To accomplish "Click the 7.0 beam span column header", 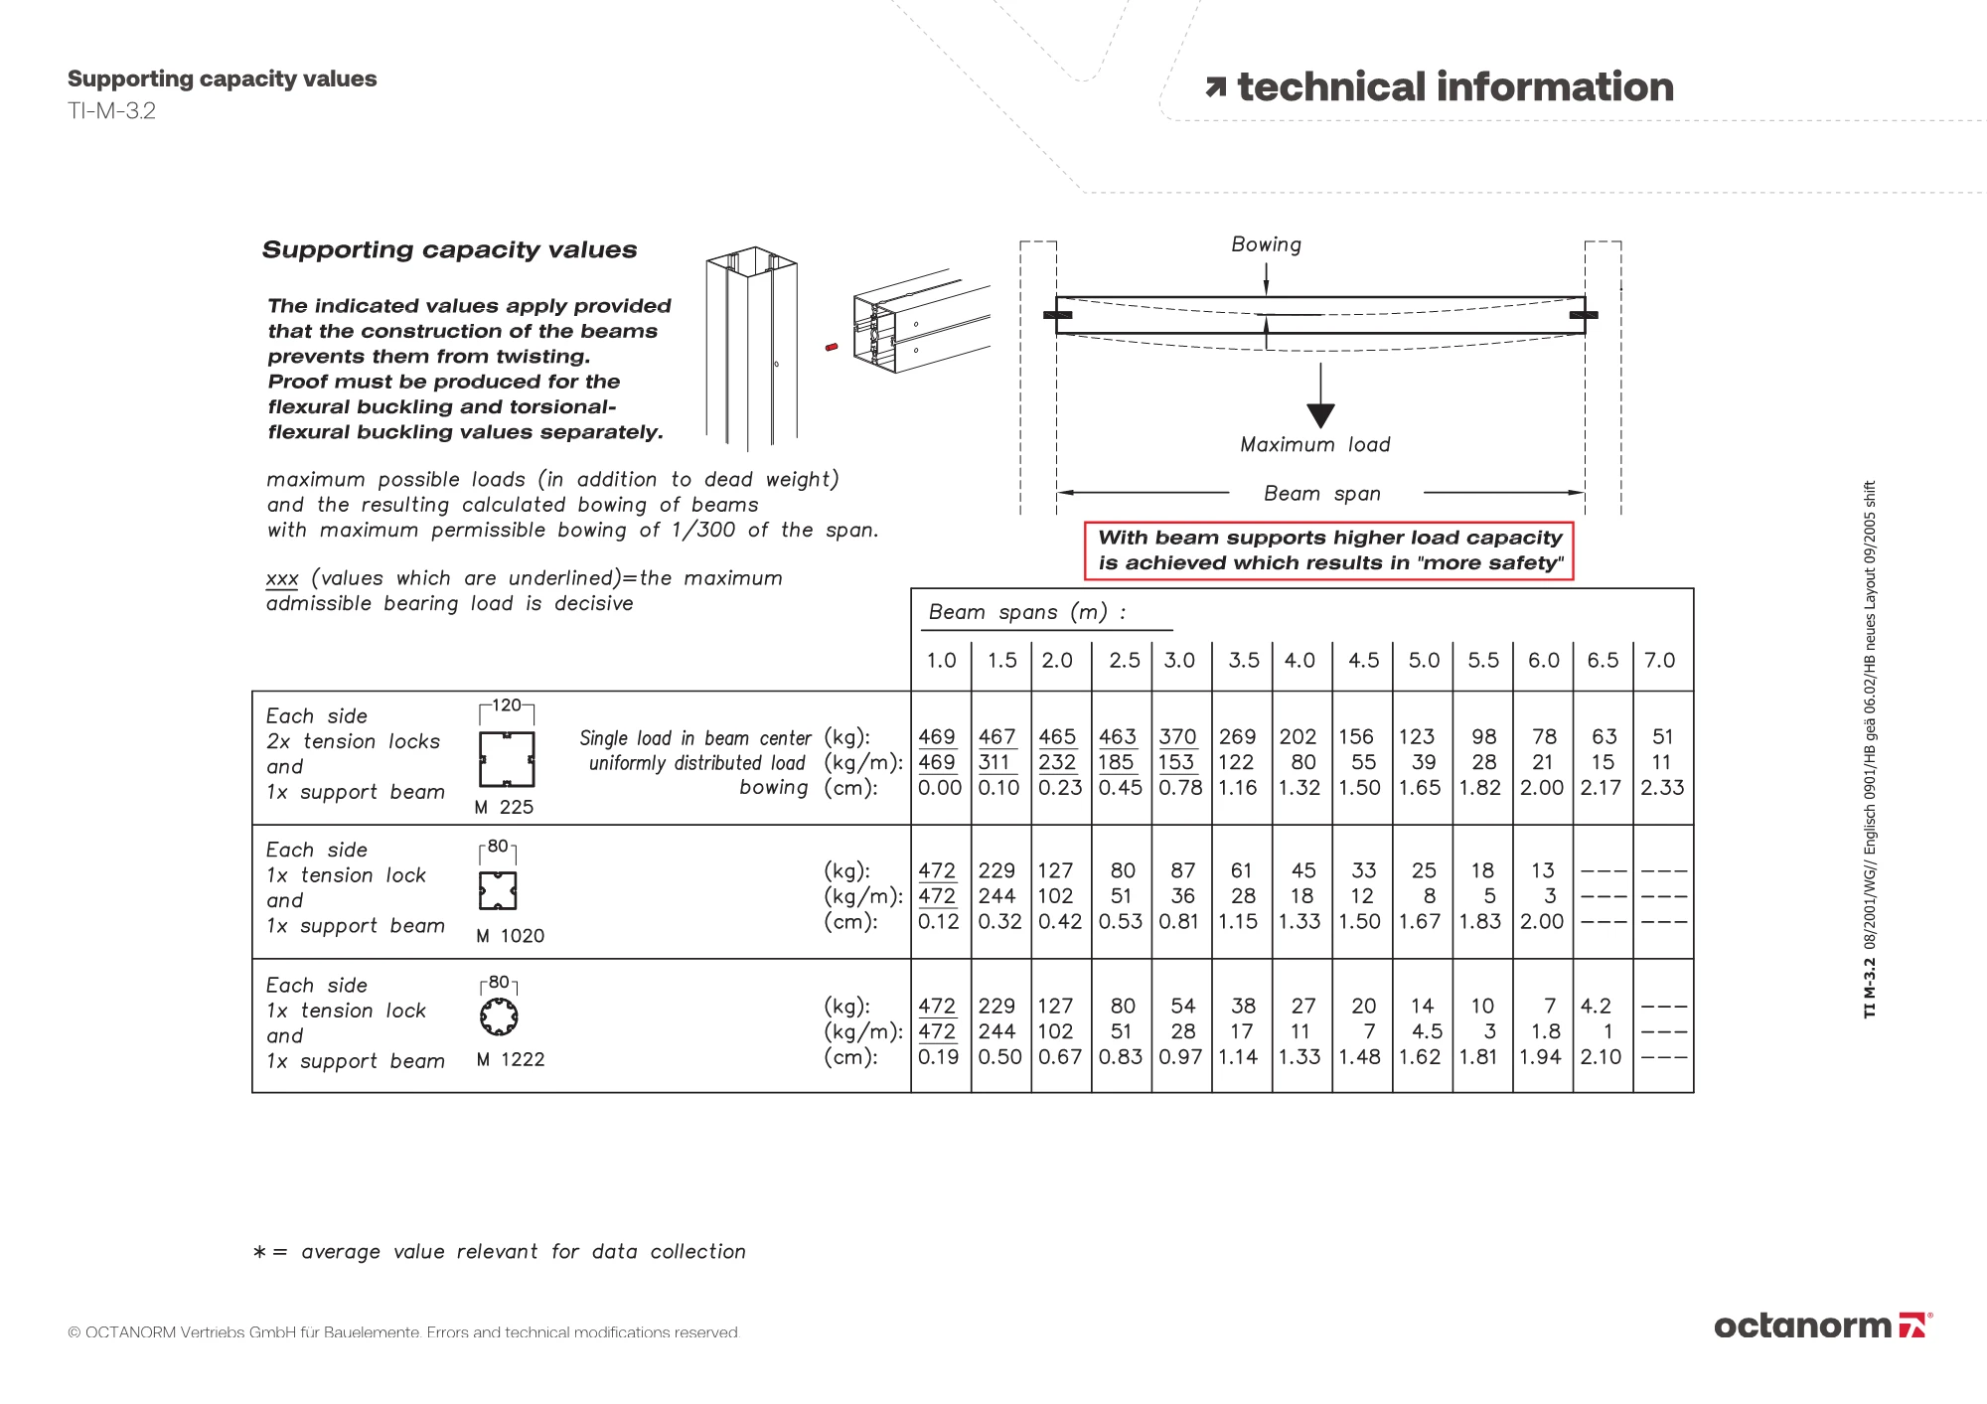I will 1660,661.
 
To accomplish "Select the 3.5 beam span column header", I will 1243,661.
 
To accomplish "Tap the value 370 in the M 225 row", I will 1177,737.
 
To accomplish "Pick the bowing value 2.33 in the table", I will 1662,788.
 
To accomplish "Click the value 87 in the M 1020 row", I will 1182,871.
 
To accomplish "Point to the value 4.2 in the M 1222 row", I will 1596,1007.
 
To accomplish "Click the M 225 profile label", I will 504,808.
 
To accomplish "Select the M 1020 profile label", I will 510,936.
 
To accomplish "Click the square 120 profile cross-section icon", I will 507,760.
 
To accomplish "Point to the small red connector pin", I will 833,347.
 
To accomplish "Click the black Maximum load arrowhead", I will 1320,415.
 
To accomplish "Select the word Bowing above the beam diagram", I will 1266,244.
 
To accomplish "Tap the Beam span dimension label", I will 1321,494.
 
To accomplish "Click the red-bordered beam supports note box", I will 1329,550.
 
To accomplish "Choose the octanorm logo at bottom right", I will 1822,1326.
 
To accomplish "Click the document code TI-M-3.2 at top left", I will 111,111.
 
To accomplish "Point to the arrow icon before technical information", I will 1215,88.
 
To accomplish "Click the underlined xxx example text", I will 282,579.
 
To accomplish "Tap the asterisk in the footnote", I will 259,1253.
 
